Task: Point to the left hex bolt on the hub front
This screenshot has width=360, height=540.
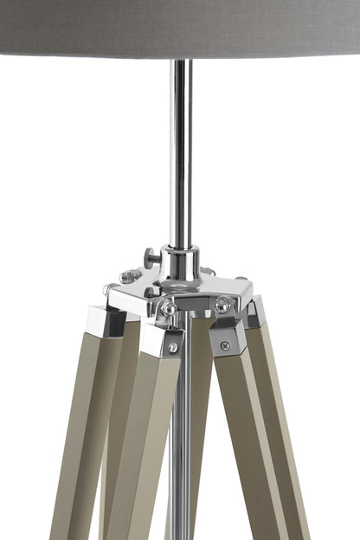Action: point(170,307)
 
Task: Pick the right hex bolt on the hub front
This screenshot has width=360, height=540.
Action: point(222,305)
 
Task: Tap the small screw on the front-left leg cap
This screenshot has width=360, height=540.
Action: point(173,347)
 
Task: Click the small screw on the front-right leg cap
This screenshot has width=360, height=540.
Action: point(225,345)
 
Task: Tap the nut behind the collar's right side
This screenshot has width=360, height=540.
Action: point(209,271)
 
